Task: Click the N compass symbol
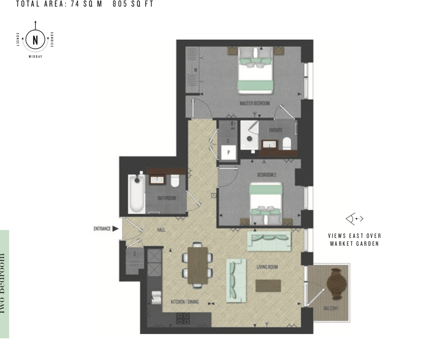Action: [35, 40]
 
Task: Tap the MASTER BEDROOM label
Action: [255, 103]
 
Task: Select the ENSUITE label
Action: [276, 130]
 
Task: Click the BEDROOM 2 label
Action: [267, 175]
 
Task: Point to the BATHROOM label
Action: [166, 198]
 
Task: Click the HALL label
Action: [161, 230]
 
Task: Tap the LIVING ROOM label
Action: [267, 267]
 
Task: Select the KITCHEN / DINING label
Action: [185, 302]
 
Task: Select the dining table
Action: [198, 266]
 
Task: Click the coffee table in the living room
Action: [268, 286]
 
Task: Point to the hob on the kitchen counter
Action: [183, 318]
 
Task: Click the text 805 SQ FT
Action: [133, 5]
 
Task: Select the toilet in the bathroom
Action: [175, 181]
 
